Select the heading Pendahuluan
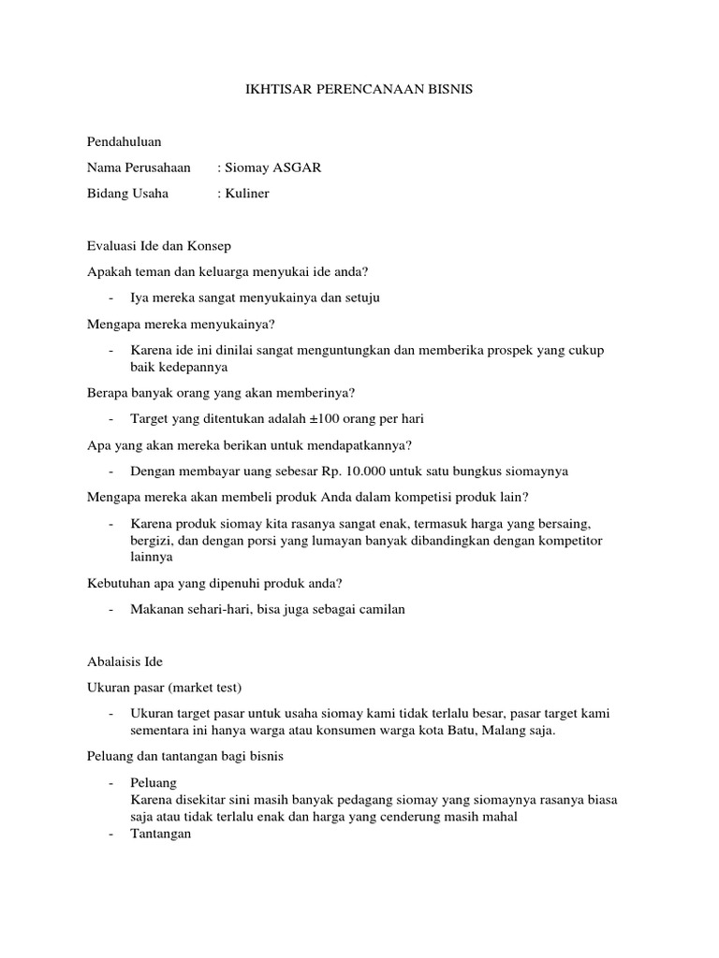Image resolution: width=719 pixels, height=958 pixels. pos(124,141)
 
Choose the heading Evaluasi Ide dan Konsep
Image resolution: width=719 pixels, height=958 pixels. pos(158,246)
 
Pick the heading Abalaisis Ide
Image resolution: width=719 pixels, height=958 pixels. pos(125,661)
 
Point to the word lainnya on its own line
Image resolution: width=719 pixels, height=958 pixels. pos(152,558)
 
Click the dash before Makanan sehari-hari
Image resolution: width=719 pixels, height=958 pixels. pos(111,609)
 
